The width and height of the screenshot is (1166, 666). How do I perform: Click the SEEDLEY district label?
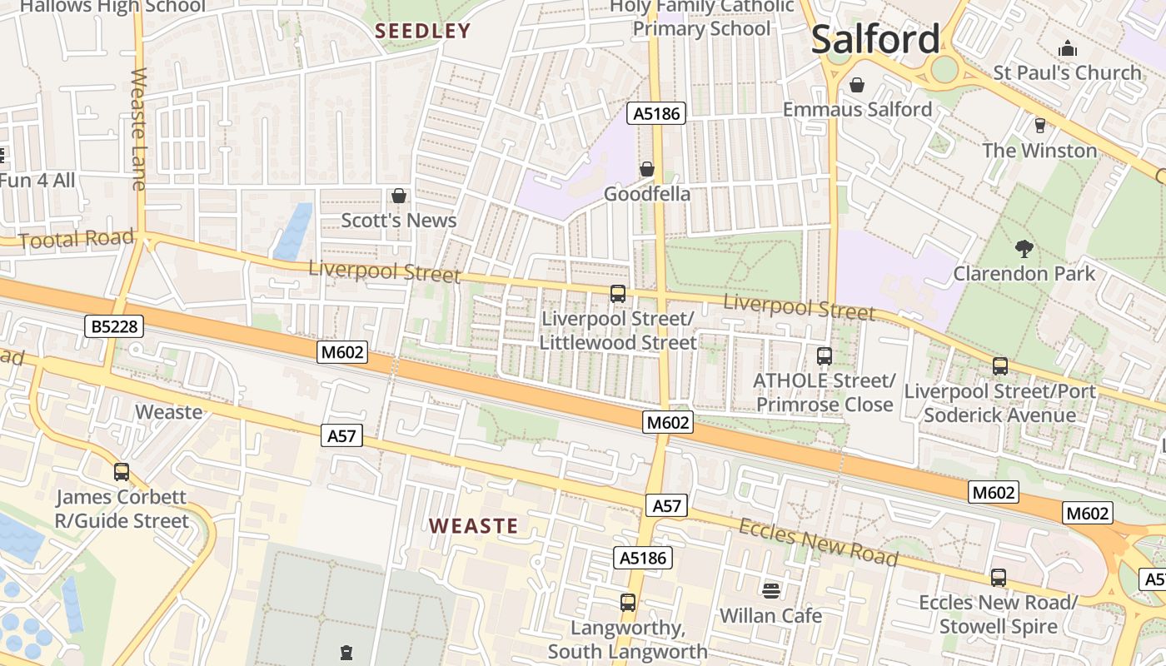(x=422, y=32)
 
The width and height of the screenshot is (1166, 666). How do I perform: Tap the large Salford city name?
(x=874, y=39)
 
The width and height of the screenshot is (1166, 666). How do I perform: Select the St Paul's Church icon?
(x=1067, y=49)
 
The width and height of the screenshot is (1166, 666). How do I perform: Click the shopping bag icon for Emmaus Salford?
(x=856, y=85)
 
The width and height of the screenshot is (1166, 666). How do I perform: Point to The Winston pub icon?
(x=1039, y=126)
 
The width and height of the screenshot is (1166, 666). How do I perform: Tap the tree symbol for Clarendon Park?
(x=1024, y=248)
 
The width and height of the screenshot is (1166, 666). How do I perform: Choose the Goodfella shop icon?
(x=647, y=170)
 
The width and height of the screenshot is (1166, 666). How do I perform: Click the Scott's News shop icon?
(x=399, y=196)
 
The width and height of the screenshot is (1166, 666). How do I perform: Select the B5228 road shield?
(x=114, y=327)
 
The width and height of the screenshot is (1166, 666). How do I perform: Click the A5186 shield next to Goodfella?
(x=656, y=114)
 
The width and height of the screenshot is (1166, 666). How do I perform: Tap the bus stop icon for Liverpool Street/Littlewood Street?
(x=617, y=294)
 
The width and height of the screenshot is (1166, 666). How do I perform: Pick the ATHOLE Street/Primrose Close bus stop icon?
(x=824, y=356)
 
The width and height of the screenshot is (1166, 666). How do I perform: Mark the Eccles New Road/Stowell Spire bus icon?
(x=998, y=577)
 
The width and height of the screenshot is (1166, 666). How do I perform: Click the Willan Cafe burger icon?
(x=770, y=590)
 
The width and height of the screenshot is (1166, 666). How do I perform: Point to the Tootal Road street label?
(x=76, y=240)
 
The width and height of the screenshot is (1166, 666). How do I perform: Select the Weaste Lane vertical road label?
(x=139, y=129)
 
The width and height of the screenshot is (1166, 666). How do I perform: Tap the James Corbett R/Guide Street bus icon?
(x=122, y=472)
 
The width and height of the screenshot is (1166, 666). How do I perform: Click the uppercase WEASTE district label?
(x=473, y=526)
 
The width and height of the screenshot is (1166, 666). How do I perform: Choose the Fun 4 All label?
(x=37, y=181)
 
